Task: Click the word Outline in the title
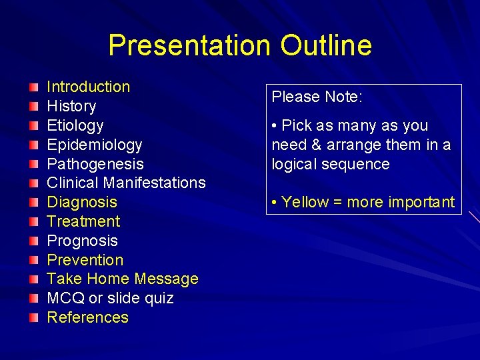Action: coord(326,45)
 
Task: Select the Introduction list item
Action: coord(88,87)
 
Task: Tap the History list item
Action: coord(71,106)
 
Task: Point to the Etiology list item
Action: coord(75,125)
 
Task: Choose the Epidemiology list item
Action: coord(94,145)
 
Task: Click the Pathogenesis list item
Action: coord(95,164)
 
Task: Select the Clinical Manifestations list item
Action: coord(126,183)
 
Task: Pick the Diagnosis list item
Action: coord(81,202)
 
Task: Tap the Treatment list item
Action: coord(83,221)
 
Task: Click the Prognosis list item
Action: coord(82,241)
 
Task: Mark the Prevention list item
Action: coord(85,260)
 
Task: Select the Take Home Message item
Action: coord(123,279)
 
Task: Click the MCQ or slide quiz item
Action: coord(110,298)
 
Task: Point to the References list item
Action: coord(87,317)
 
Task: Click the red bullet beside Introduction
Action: coord(34,87)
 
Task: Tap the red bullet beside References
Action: coord(34,318)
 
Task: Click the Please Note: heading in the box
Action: coord(317,97)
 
